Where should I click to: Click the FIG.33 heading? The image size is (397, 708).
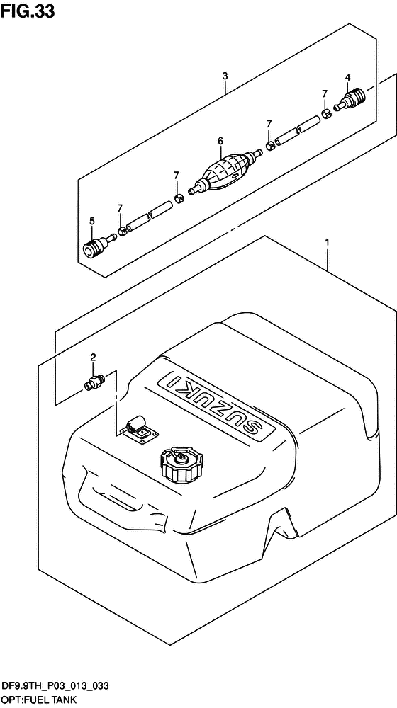click(x=28, y=12)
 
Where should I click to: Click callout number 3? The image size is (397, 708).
click(x=224, y=76)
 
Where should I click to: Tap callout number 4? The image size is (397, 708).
click(x=347, y=78)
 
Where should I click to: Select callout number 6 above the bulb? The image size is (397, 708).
click(x=220, y=141)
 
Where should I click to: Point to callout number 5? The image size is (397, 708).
click(x=91, y=221)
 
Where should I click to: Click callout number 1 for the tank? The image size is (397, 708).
click(x=327, y=243)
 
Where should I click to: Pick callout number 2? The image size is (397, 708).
click(x=93, y=357)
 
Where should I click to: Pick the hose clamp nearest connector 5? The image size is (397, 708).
click(x=122, y=232)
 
